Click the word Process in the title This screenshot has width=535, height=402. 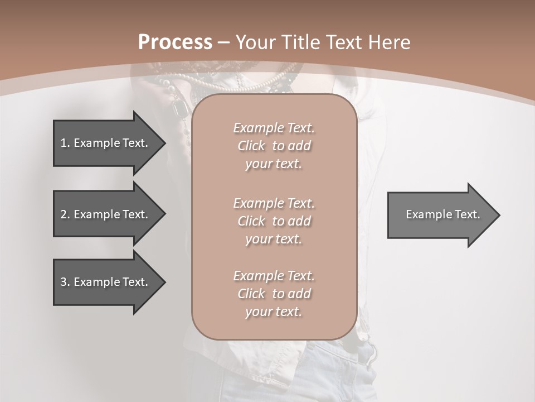(x=175, y=42)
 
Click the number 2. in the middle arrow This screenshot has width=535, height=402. (x=65, y=214)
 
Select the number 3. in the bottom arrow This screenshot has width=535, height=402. (x=65, y=282)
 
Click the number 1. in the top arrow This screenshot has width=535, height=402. (x=65, y=143)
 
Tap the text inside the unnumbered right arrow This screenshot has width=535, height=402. (x=442, y=214)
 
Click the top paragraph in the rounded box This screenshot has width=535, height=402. (x=274, y=146)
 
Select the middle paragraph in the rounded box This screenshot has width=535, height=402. (x=274, y=221)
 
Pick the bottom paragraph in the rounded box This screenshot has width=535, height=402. (x=274, y=294)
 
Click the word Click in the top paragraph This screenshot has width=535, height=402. (x=251, y=146)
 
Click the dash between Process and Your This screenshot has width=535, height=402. (x=224, y=42)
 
